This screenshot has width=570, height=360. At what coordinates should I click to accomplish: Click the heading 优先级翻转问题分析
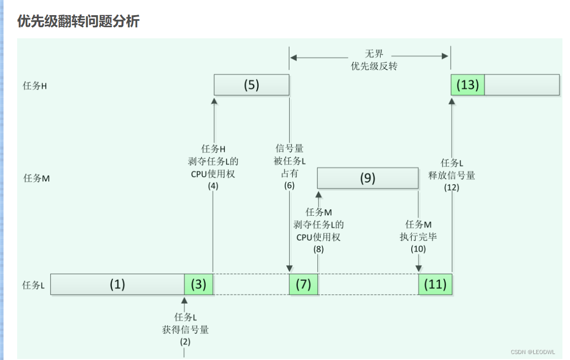point(78,21)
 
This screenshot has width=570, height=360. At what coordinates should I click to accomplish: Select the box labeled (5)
point(251,85)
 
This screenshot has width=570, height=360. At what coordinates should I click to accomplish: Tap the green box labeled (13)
point(467,85)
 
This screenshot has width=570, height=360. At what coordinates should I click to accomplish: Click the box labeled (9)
point(368,178)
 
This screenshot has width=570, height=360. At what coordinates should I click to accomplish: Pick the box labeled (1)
point(117,284)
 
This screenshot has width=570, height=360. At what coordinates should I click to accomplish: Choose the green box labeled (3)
point(199,284)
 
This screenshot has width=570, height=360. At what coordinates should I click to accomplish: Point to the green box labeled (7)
point(303,284)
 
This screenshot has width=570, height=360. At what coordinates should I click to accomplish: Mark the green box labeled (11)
point(435,284)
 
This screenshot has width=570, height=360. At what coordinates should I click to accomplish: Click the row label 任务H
point(35,86)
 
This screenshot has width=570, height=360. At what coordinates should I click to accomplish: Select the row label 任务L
point(34,285)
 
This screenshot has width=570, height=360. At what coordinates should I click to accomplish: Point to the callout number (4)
point(213,185)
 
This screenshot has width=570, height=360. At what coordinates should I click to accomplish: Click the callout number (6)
point(289,185)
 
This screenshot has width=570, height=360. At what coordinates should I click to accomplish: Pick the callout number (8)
point(319,249)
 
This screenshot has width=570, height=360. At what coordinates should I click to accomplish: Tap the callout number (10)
point(418,249)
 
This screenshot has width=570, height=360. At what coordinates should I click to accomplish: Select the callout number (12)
point(452,187)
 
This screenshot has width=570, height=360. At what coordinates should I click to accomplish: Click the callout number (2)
point(184,341)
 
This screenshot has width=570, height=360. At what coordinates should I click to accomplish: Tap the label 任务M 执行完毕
point(418,230)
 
